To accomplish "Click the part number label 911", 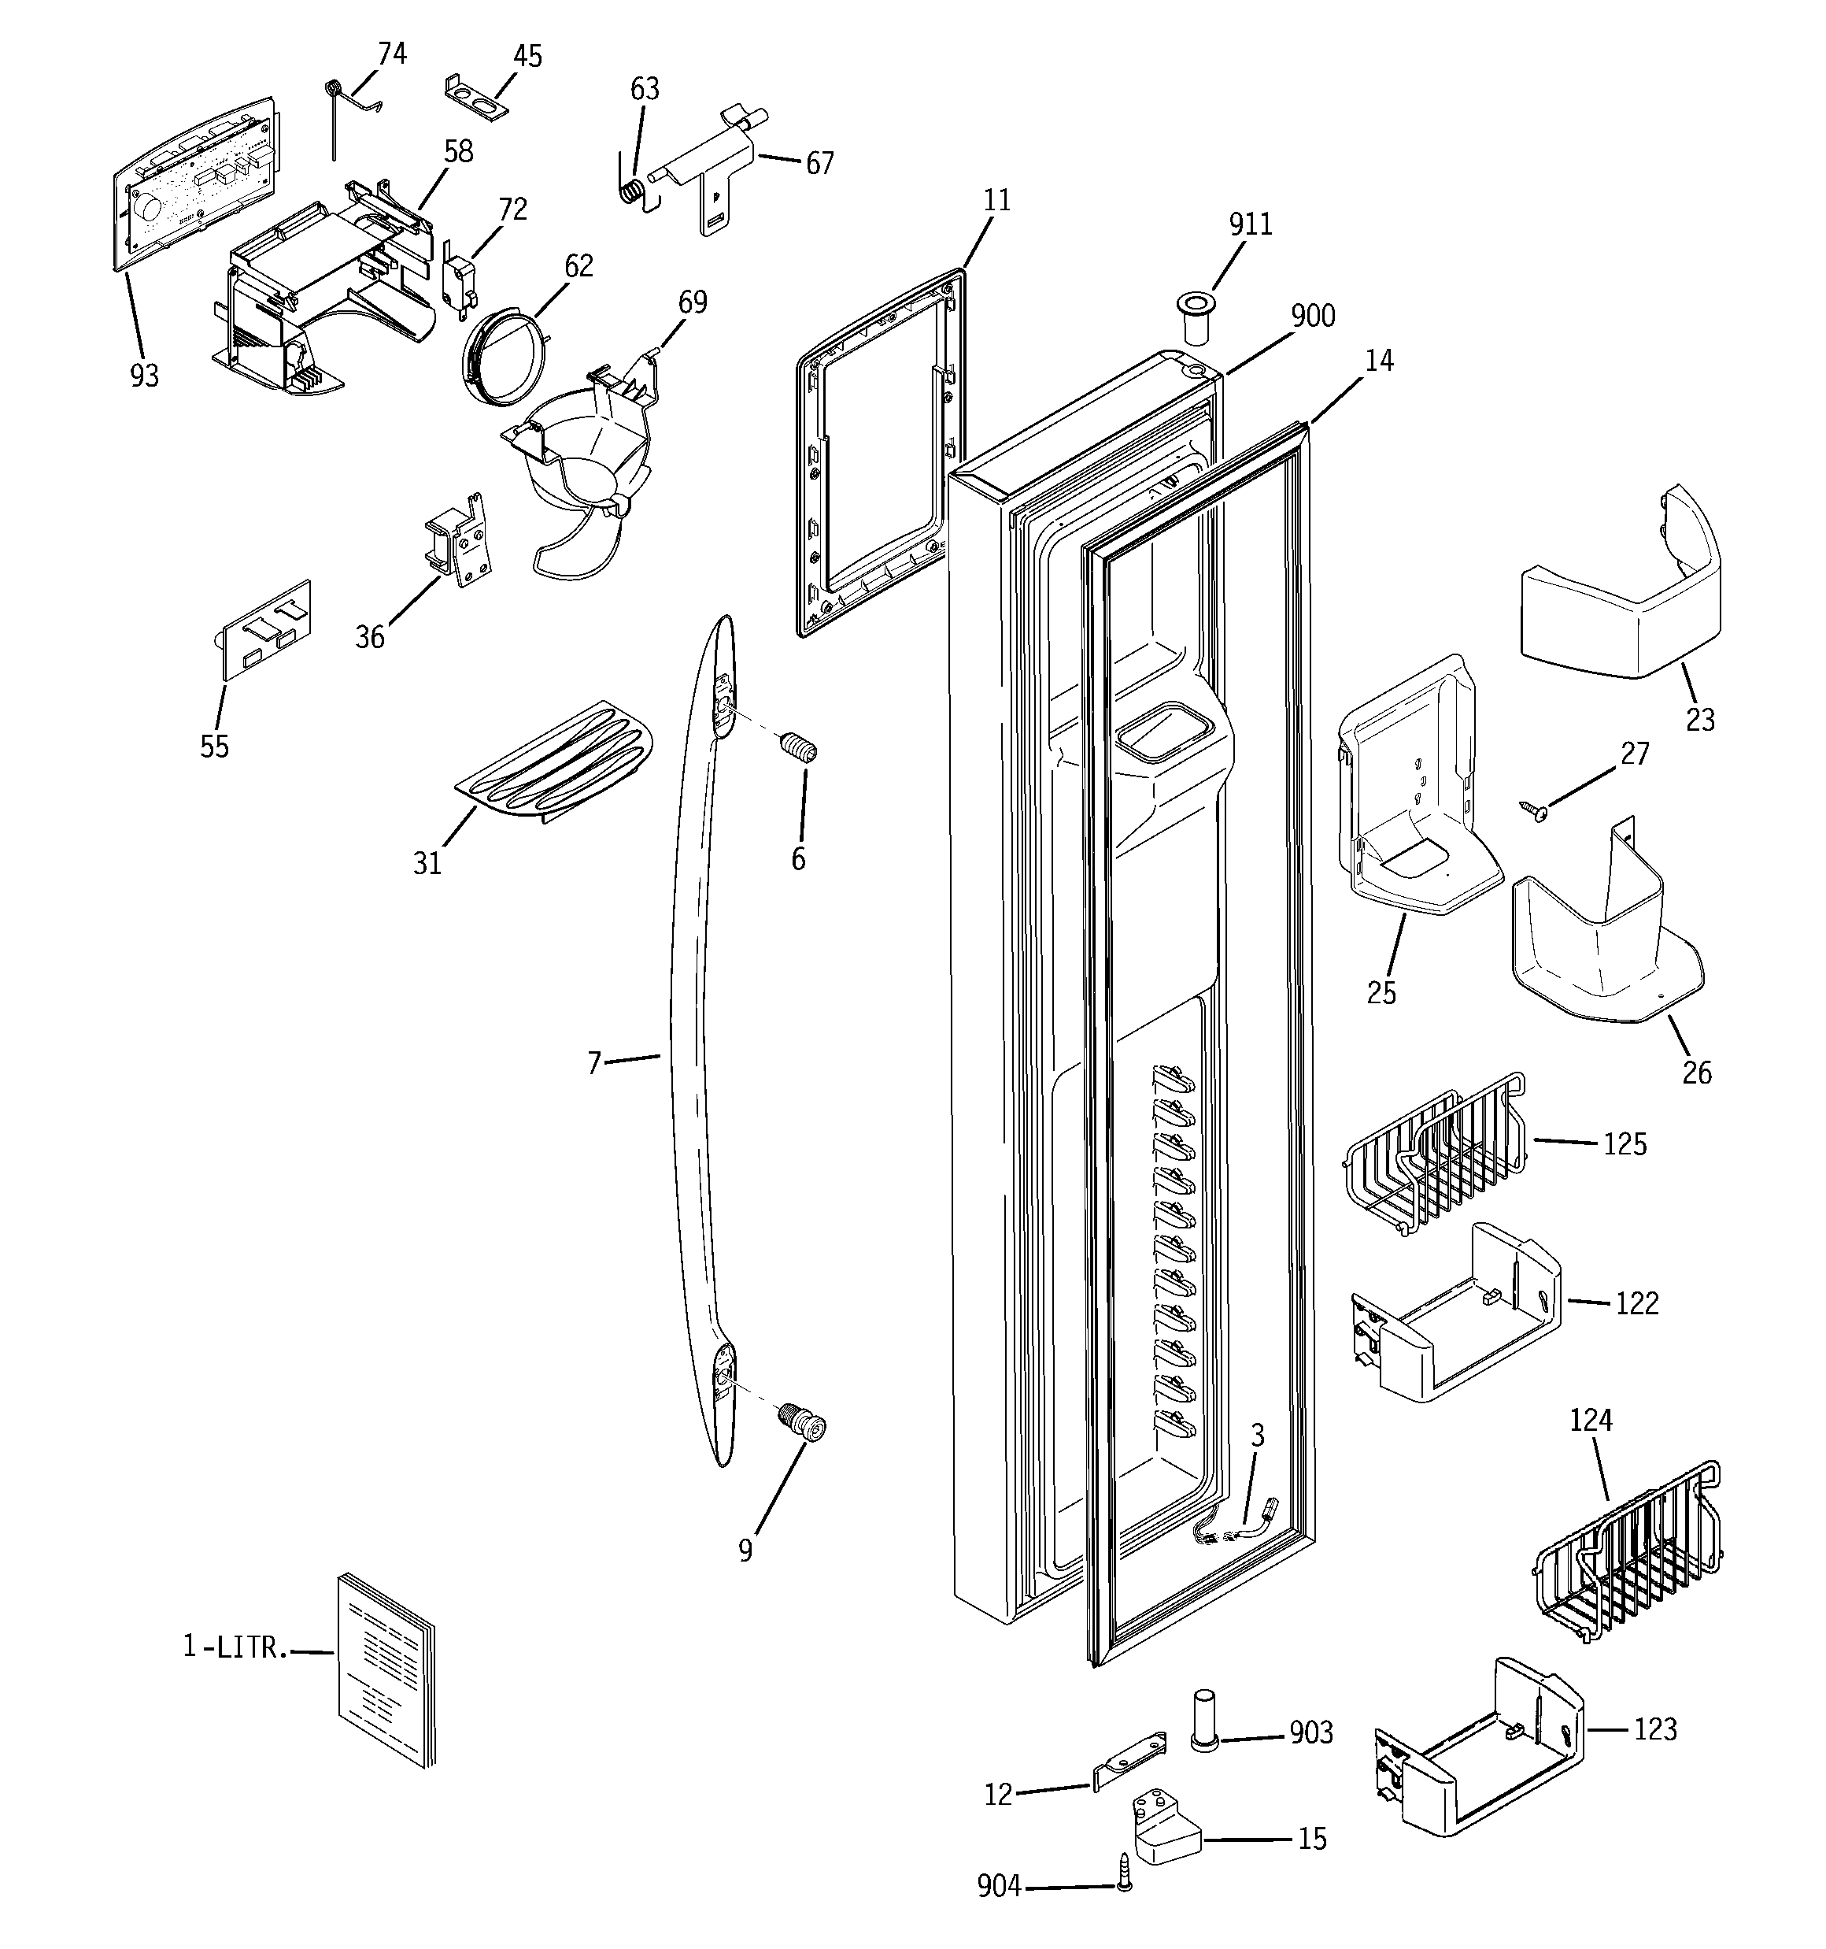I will pos(1251,224).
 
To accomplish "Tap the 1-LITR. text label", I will pos(235,1647).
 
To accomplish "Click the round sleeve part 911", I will pos(1195,316).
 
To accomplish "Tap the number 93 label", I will pos(144,376).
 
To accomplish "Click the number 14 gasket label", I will pos(1378,361).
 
